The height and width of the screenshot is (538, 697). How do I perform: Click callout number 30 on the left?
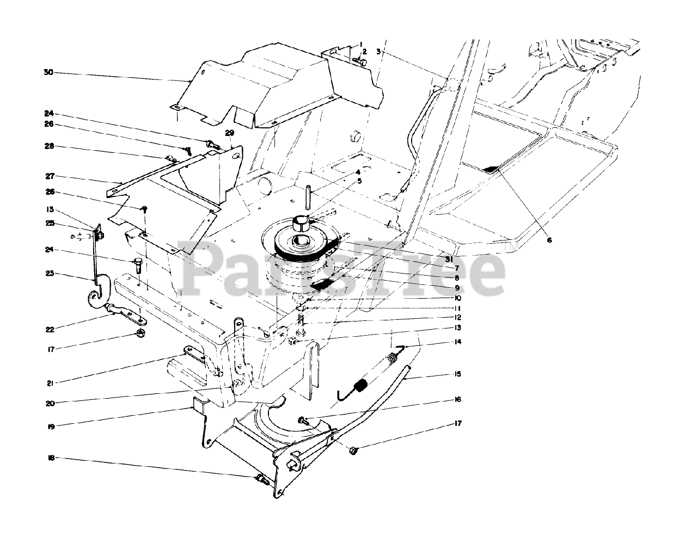(48, 72)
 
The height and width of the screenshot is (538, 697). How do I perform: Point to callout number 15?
(457, 374)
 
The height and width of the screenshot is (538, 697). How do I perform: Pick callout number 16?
(457, 399)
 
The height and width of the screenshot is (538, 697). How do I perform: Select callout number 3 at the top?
(379, 52)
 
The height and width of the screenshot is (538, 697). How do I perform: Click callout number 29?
(229, 133)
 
